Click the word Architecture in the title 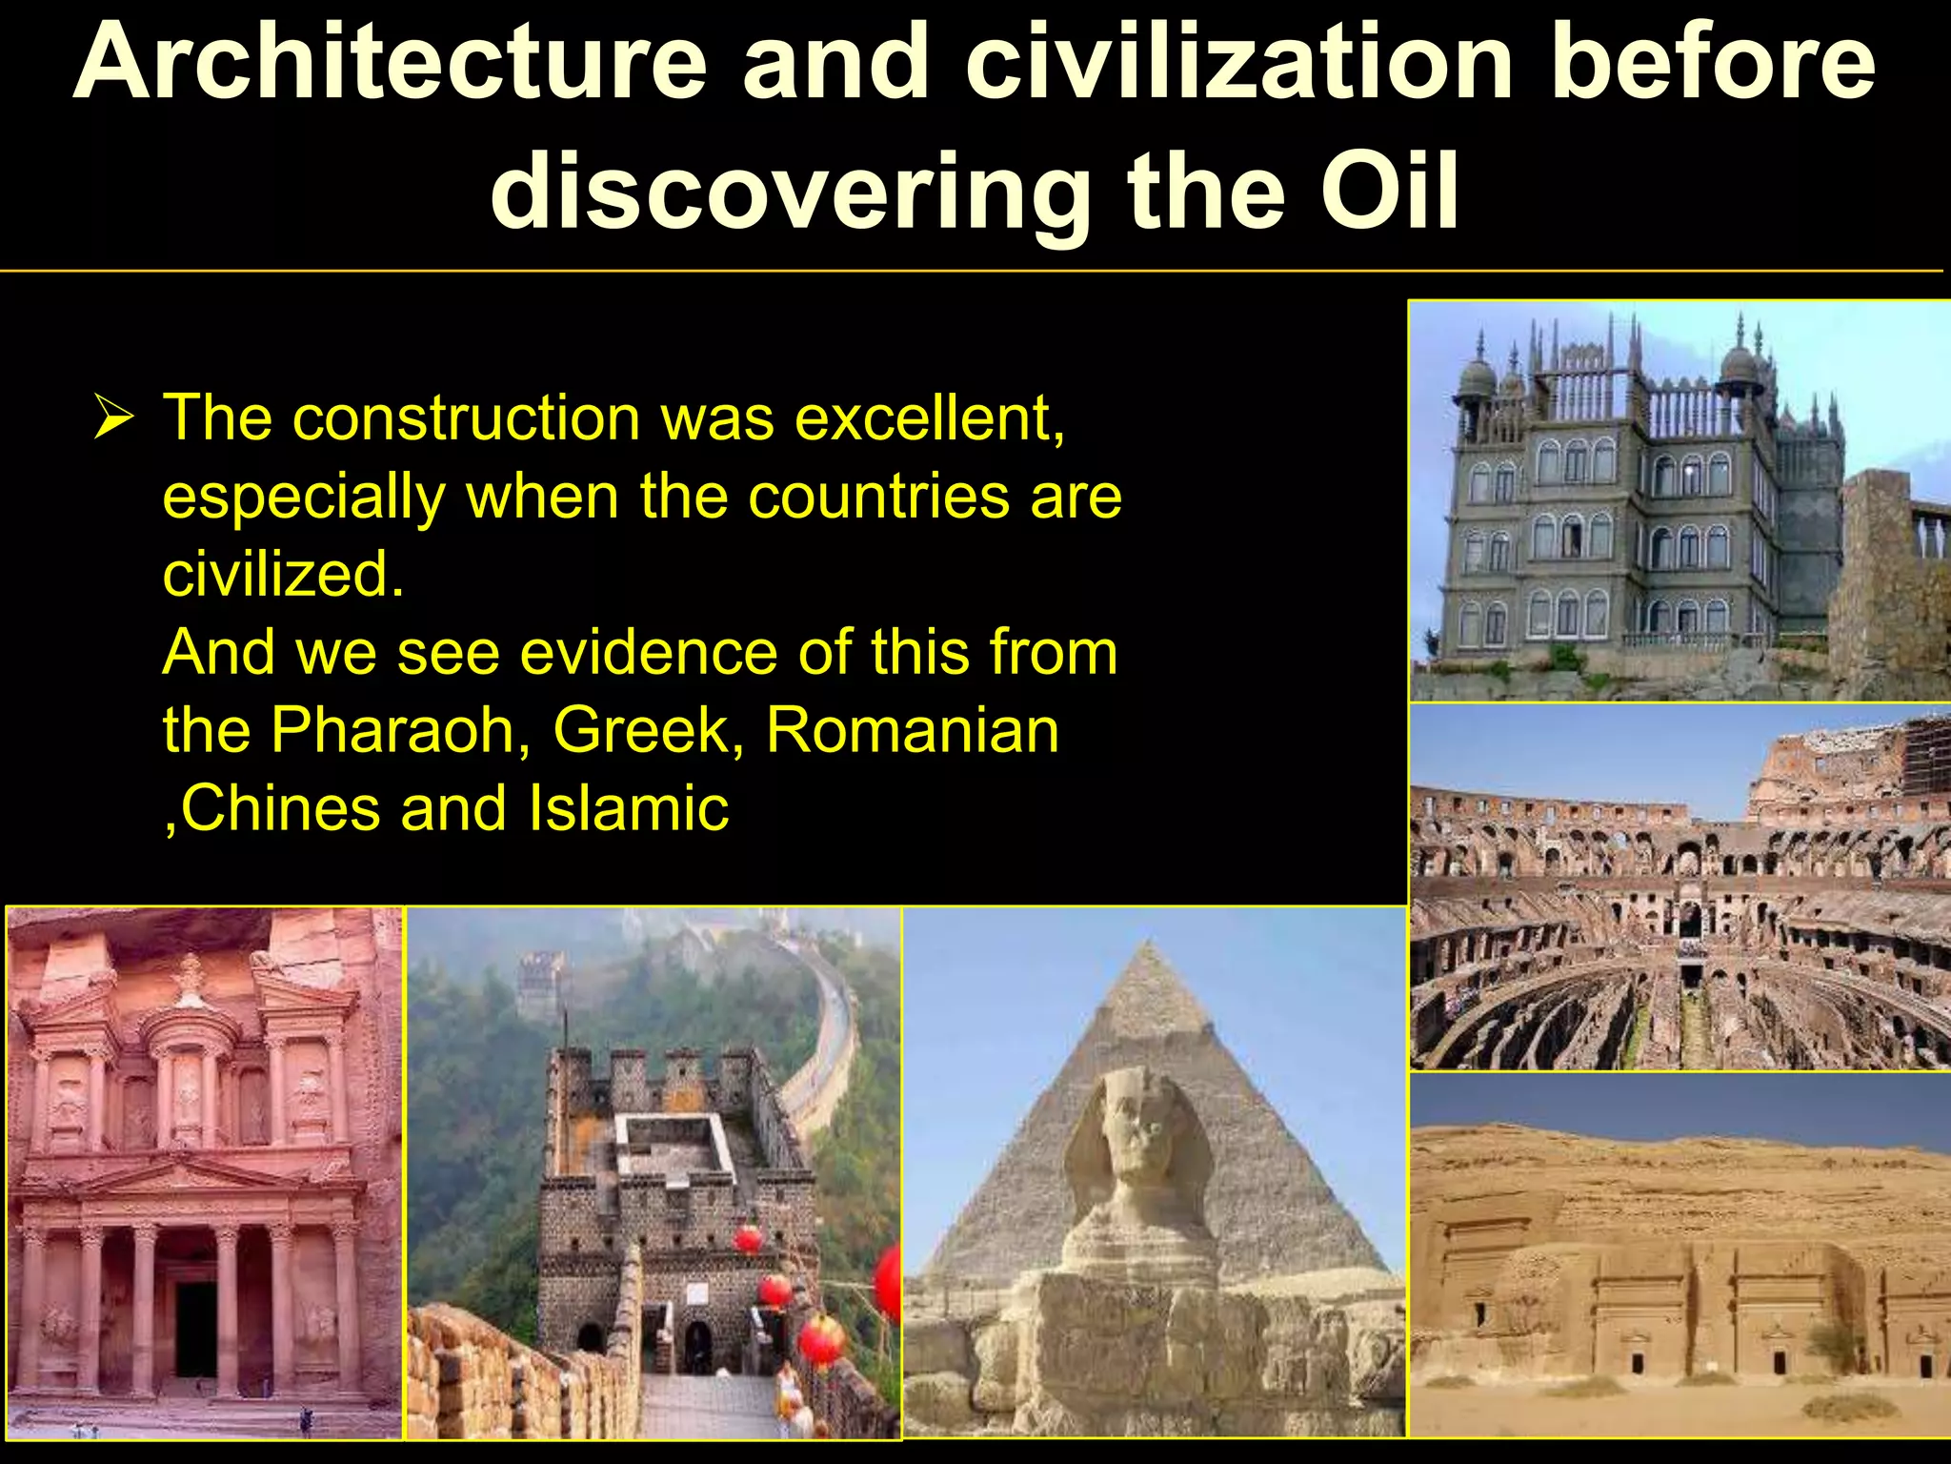(x=391, y=62)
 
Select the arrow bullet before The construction (x=113, y=418)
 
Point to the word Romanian (x=912, y=731)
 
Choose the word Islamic (x=629, y=809)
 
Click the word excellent (x=929, y=418)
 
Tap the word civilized (x=283, y=575)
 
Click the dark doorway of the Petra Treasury (x=195, y=1330)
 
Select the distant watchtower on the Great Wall (x=540, y=982)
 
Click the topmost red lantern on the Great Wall (x=748, y=1239)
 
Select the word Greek (x=648, y=731)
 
